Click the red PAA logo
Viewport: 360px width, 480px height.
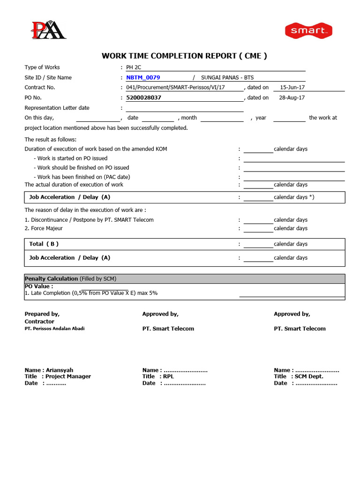point(48,30)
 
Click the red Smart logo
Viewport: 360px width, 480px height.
point(308,31)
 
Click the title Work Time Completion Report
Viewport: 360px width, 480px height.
point(184,56)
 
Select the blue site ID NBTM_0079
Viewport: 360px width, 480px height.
point(143,77)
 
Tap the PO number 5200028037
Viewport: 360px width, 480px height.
point(143,97)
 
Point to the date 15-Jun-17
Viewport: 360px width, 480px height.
point(292,87)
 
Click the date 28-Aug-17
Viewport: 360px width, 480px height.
point(292,97)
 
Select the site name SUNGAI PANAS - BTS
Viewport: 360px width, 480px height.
point(227,77)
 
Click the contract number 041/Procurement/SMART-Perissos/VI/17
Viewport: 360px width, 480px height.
point(175,87)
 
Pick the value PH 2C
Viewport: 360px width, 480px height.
point(133,67)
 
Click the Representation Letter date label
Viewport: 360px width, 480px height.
point(57,108)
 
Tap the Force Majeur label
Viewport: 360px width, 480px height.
point(44,228)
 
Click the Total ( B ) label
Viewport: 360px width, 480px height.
point(44,244)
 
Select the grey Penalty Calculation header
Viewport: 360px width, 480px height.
point(184,278)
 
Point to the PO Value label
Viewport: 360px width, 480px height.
point(38,286)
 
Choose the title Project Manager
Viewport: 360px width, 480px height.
point(68,376)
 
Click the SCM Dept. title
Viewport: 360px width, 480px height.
point(309,376)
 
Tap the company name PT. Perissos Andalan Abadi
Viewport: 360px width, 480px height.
point(54,329)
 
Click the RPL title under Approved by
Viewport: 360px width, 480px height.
point(168,376)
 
